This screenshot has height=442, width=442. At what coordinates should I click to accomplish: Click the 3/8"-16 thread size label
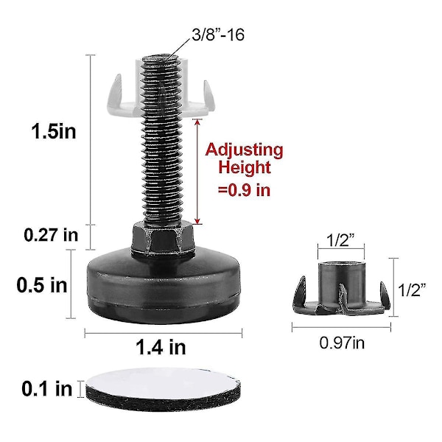coord(217,35)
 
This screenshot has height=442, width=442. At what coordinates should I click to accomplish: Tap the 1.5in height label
coord(54,131)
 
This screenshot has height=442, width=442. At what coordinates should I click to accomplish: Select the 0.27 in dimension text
coord(51,235)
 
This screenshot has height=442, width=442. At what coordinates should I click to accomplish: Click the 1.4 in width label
coord(161,347)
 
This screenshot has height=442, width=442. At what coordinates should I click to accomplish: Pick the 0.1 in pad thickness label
coord(47,389)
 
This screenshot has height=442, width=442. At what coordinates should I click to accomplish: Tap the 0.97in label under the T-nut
coord(342,343)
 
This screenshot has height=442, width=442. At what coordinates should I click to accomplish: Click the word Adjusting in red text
coord(244,151)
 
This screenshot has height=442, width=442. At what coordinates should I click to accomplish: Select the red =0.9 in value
coord(244,190)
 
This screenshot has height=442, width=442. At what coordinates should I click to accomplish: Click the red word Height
coord(245,167)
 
